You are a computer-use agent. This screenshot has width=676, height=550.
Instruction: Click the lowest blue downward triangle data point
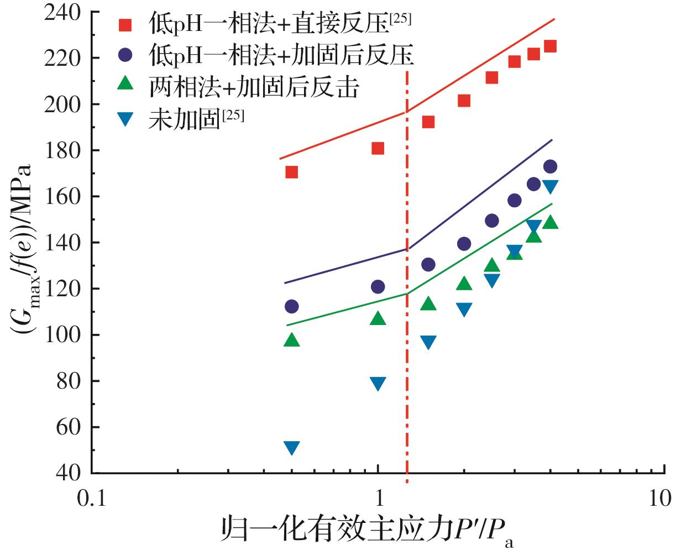click(x=291, y=448)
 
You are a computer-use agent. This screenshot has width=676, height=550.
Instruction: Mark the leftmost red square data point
click(x=291, y=172)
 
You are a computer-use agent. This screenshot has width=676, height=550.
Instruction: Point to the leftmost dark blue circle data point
click(x=291, y=306)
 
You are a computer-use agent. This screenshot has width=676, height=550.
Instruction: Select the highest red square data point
click(x=550, y=46)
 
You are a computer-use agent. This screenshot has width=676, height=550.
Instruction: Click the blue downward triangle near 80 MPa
click(x=378, y=384)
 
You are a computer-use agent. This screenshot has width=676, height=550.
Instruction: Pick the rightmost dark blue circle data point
click(x=550, y=166)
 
